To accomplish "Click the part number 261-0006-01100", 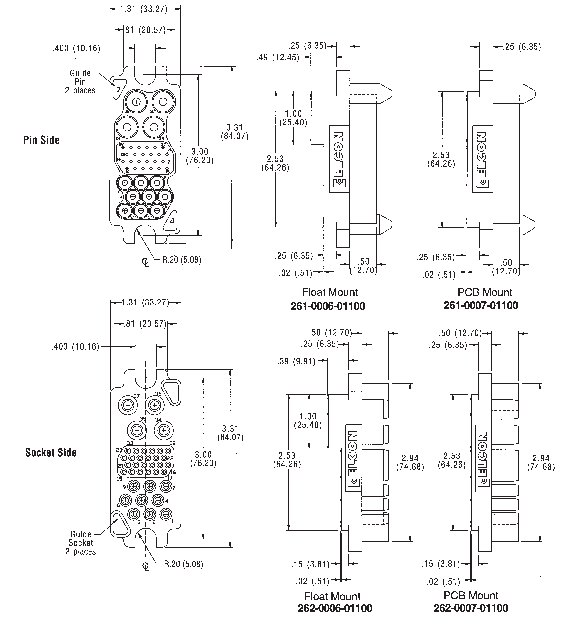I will [328, 306].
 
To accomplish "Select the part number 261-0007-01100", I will [481, 305].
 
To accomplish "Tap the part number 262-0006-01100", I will [335, 608].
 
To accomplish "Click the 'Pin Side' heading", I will [41, 140].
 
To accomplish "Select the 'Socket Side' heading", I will [51, 452].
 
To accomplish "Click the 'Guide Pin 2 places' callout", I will [80, 82].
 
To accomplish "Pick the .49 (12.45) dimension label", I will [278, 57].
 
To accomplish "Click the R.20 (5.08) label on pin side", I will [182, 260].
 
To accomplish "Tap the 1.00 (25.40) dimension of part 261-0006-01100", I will [293, 118].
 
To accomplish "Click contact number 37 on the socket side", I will [136, 396].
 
